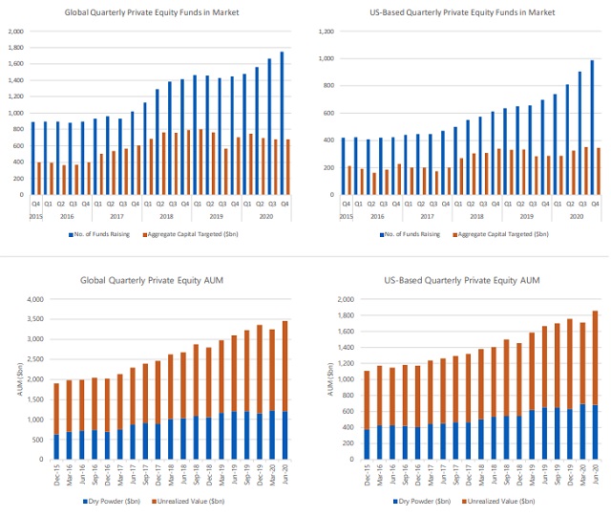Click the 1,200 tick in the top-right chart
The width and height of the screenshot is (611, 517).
326,32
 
